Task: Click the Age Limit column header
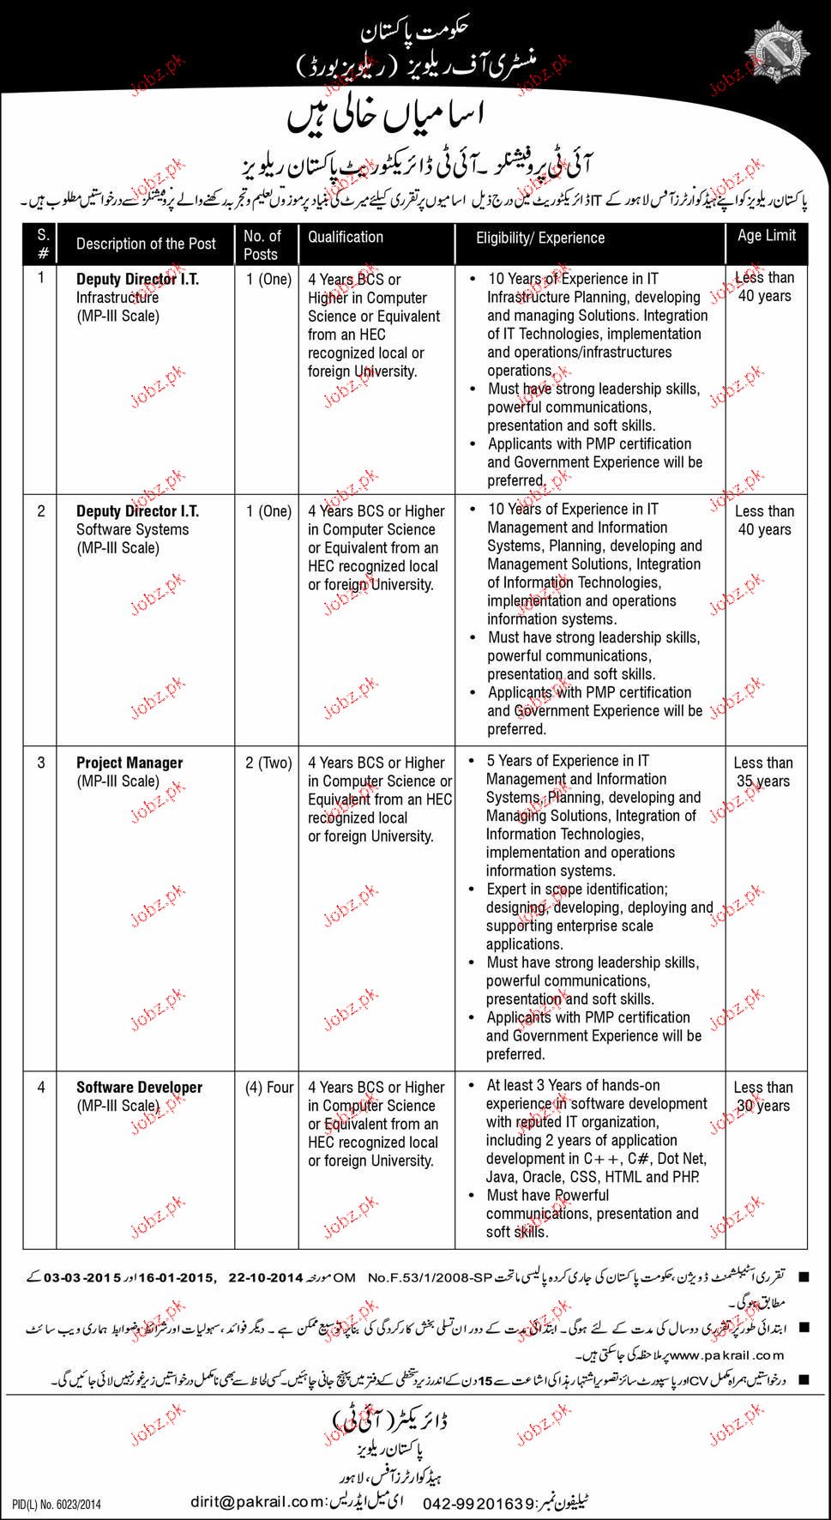766,235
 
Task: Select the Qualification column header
346,237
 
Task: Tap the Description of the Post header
146,244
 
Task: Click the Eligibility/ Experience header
540,238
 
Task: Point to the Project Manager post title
129,763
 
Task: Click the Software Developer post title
139,1087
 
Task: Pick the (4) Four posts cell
268,1087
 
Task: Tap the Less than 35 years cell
763,772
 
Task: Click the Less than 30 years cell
763,1096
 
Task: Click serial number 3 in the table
41,763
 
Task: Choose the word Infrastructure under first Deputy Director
117,298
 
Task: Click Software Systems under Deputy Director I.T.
132,529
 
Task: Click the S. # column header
43,244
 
